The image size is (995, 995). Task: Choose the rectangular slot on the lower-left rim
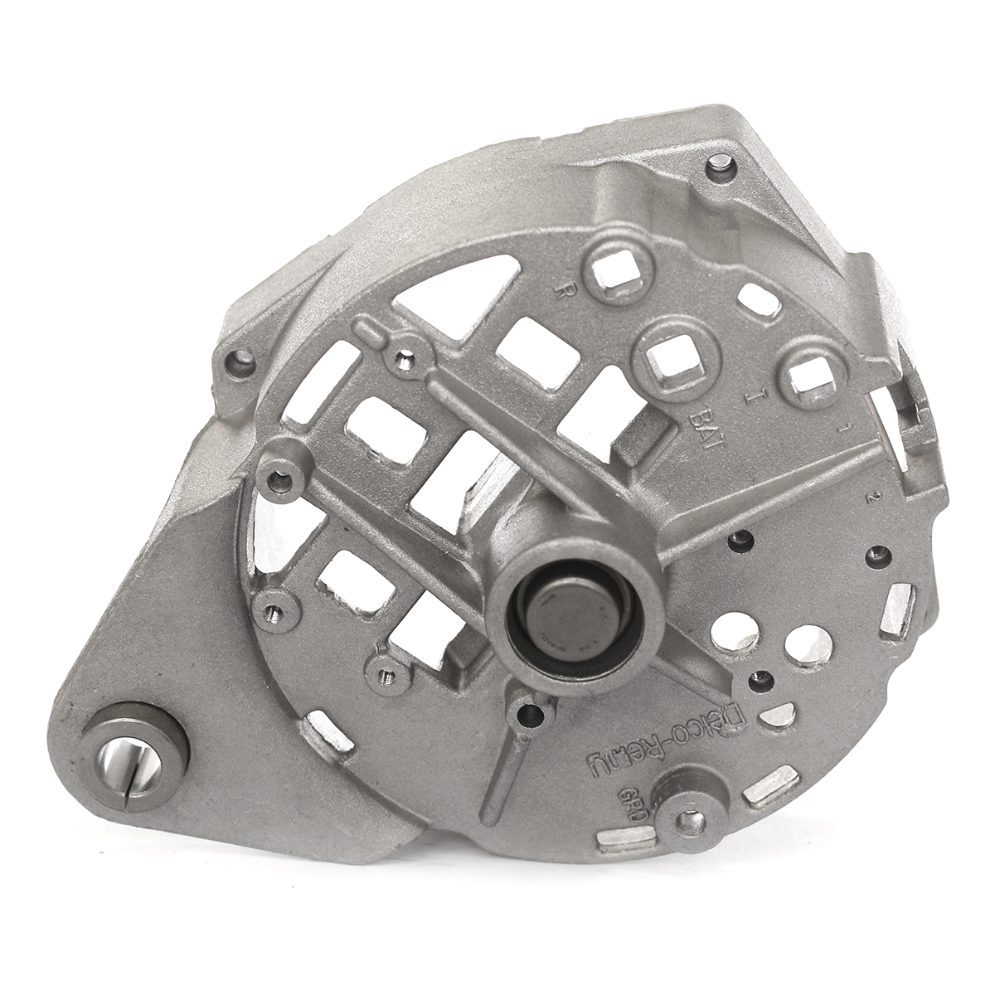click(325, 730)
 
